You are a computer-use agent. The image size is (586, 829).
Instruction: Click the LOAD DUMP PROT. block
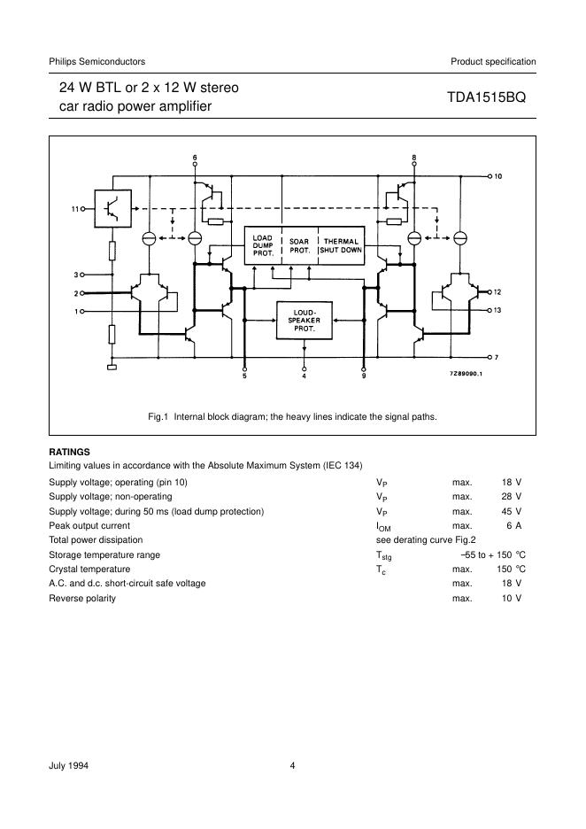click(263, 244)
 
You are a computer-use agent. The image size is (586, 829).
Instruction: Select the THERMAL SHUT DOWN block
click(341, 244)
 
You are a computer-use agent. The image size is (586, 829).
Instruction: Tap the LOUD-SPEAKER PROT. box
click(304, 320)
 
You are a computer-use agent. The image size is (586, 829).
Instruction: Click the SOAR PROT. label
click(299, 244)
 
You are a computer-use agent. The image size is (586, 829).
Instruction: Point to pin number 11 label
click(75, 209)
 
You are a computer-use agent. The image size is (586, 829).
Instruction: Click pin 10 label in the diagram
click(497, 177)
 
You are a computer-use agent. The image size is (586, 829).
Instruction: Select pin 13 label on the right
click(497, 310)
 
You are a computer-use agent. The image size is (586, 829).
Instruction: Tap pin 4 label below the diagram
click(304, 376)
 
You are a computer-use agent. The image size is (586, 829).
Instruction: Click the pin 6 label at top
click(196, 159)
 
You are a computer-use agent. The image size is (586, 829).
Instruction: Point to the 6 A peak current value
click(513, 526)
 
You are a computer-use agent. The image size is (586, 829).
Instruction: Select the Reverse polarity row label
click(82, 598)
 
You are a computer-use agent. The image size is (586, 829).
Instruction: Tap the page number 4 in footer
click(292, 765)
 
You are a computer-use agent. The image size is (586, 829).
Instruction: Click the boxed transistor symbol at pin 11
click(112, 209)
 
